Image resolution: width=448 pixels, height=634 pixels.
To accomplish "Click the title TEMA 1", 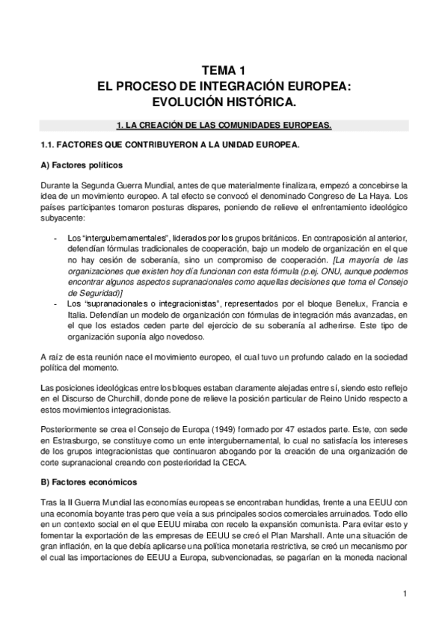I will pyautogui.click(x=224, y=70).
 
